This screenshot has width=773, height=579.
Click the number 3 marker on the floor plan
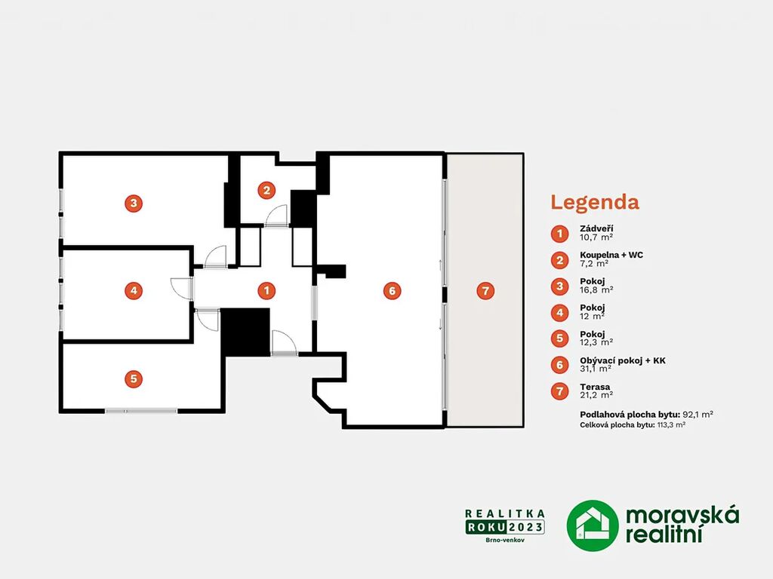pyautogui.click(x=134, y=204)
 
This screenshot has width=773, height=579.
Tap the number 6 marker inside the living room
pyautogui.click(x=392, y=290)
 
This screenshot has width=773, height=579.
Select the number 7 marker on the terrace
pyautogui.click(x=485, y=290)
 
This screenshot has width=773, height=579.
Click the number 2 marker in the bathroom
pyautogui.click(x=266, y=190)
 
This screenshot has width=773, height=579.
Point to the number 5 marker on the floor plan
pyautogui.click(x=134, y=378)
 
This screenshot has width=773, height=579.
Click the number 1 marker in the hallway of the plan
pyautogui.click(x=266, y=290)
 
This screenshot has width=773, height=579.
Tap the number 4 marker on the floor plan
pyautogui.click(x=134, y=290)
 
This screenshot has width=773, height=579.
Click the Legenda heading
pyautogui.click(x=595, y=202)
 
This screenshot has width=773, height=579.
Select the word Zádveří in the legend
pyautogui.click(x=596, y=228)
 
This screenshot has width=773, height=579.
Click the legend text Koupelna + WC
pyautogui.click(x=611, y=255)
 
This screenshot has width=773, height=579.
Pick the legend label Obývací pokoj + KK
pyautogui.click(x=623, y=360)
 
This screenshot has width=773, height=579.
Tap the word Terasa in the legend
pyautogui.click(x=595, y=387)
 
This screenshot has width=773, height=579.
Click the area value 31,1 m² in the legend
pyautogui.click(x=596, y=368)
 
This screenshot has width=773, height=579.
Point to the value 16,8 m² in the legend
pyautogui.click(x=596, y=289)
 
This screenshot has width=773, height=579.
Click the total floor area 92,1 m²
pyautogui.click(x=698, y=415)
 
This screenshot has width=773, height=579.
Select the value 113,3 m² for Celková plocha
pyautogui.click(x=671, y=425)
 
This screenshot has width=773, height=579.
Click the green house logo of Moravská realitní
pyautogui.click(x=592, y=525)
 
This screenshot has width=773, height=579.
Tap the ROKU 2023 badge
pyautogui.click(x=505, y=527)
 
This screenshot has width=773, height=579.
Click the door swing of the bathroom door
pyautogui.click(x=276, y=215)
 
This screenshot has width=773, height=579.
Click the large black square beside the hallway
pyautogui.click(x=245, y=332)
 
